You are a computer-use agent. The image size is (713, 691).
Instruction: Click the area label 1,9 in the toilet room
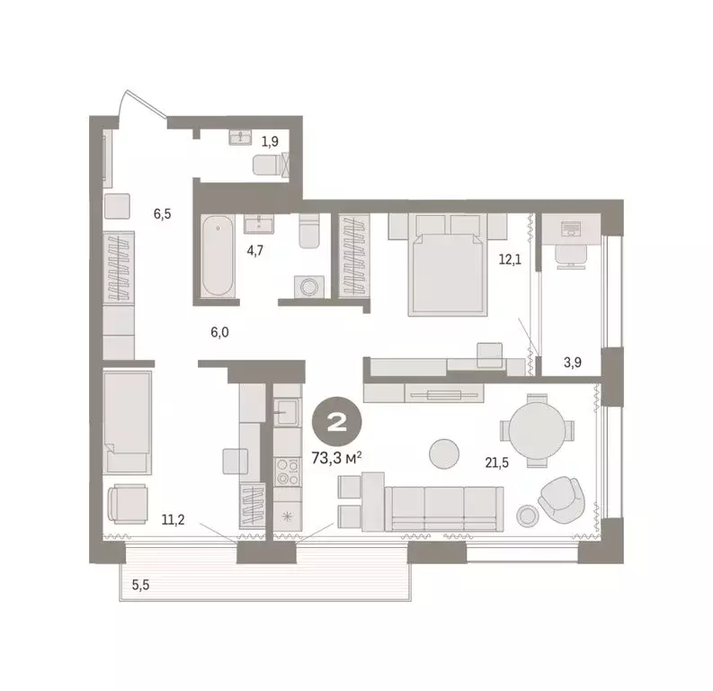pyautogui.click(x=269, y=140)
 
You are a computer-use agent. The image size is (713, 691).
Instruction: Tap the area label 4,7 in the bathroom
pyautogui.click(x=254, y=251)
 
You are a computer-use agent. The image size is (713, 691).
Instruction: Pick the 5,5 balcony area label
pyautogui.click(x=142, y=585)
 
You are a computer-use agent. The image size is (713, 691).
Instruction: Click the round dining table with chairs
pyautogui.click(x=538, y=433)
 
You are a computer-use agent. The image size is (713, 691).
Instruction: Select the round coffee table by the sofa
pyautogui.click(x=443, y=453)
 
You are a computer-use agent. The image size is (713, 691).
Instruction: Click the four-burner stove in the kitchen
pyautogui.click(x=289, y=470)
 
